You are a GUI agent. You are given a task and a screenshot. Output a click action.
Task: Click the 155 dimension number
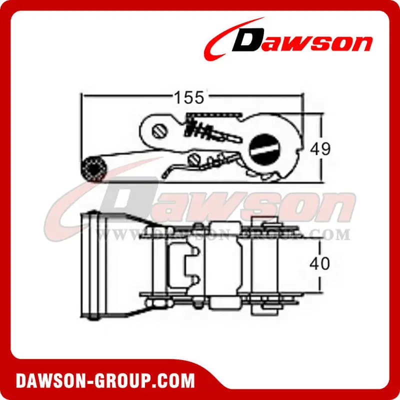(189, 97)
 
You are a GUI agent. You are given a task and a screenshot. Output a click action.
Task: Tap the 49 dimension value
(320, 148)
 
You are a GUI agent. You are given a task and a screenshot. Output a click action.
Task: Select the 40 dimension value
(319, 263)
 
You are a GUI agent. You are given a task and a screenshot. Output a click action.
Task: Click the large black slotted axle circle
(264, 148)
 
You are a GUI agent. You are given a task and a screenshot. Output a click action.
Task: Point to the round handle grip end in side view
(93, 169)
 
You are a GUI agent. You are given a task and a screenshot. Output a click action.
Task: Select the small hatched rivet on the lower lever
(194, 160)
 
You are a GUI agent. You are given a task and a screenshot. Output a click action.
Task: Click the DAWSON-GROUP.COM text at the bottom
(105, 381)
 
